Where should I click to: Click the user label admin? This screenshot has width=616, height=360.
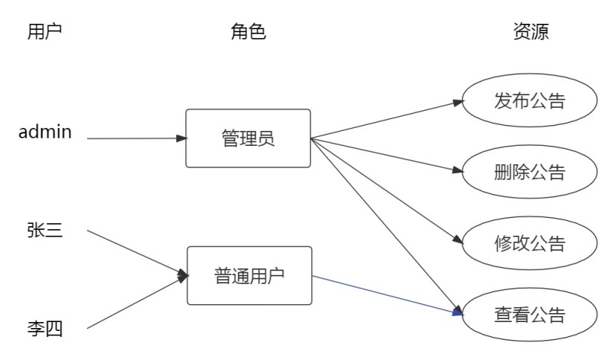(45, 132)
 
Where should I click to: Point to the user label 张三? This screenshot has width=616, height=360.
(45, 230)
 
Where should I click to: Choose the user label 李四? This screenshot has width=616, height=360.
(45, 327)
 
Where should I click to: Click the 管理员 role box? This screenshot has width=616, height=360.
(248, 138)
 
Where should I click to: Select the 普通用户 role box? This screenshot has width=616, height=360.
(248, 276)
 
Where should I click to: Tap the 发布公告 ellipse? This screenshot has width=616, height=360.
(530, 101)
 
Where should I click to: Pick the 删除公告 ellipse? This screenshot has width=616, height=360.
(530, 173)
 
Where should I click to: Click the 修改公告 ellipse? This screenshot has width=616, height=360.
(530, 244)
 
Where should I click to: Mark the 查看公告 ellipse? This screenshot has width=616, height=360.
(530, 315)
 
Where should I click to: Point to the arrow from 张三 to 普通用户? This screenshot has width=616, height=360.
(134, 253)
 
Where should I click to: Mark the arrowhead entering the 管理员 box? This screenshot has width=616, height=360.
(181, 138)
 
